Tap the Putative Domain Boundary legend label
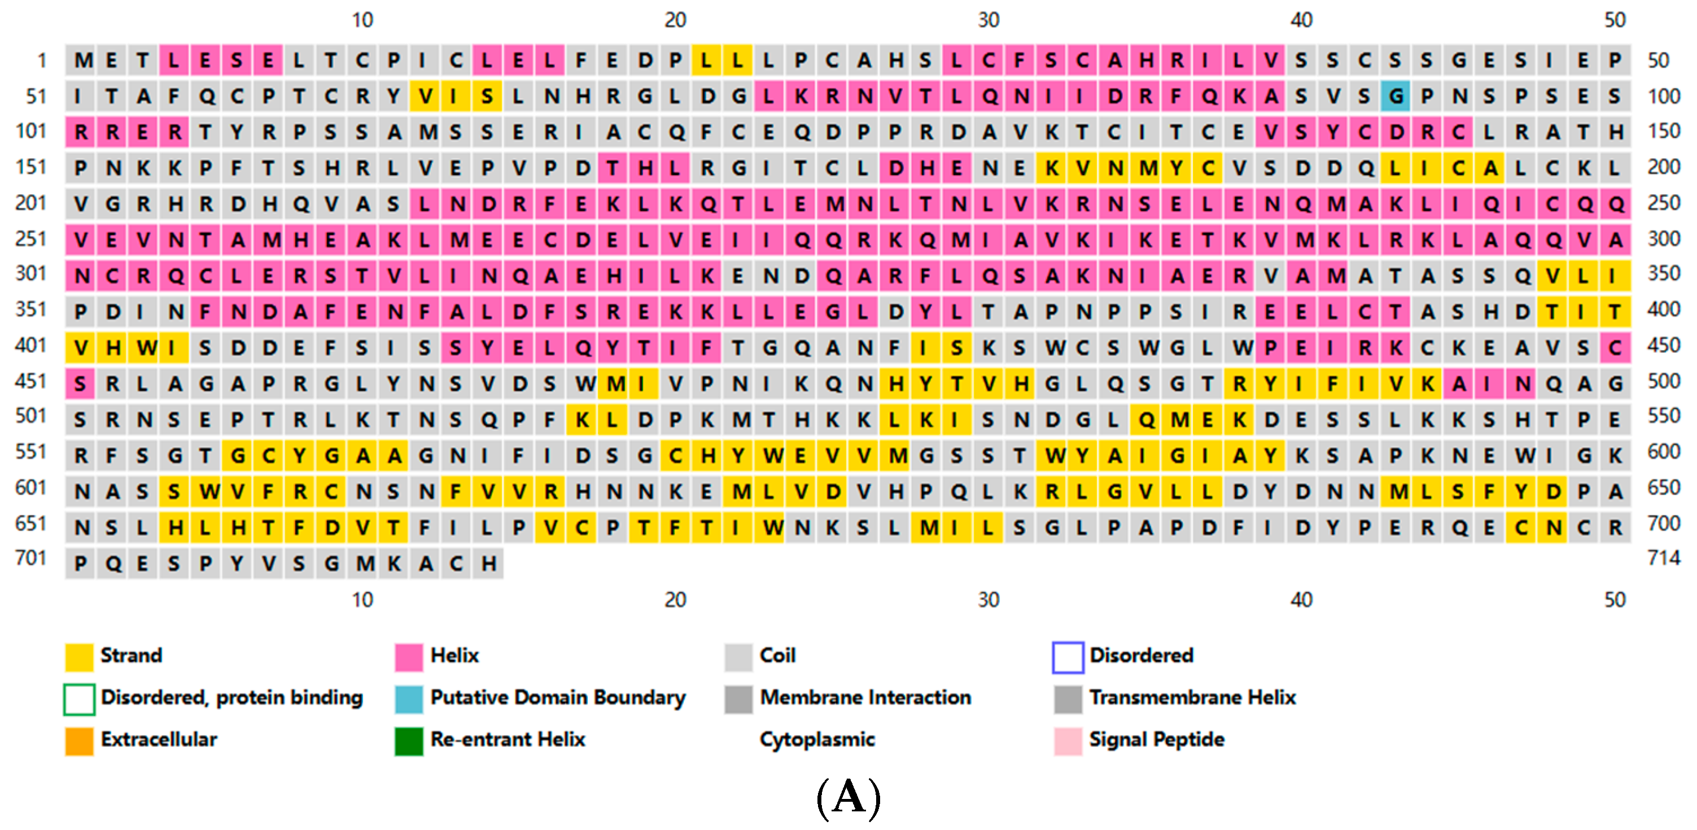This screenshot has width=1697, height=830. click(557, 698)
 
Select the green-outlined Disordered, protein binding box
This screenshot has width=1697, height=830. click(79, 698)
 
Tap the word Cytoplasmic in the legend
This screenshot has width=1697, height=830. click(817, 740)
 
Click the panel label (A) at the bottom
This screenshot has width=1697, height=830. click(848, 798)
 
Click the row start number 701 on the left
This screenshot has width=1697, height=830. click(31, 559)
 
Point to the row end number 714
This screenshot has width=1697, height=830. click(1663, 559)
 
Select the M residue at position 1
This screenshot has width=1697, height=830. click(81, 60)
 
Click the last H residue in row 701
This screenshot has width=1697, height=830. click(488, 564)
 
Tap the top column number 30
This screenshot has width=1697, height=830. click(988, 20)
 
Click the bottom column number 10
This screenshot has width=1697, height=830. click(362, 600)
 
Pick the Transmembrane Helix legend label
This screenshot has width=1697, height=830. click(1192, 698)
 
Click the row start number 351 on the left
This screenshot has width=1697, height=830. click(31, 309)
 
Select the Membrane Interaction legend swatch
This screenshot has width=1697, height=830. click(738, 698)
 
